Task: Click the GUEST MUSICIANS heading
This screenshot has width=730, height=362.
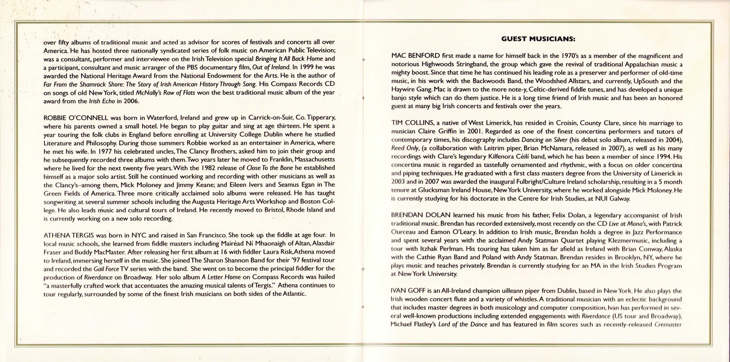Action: pos(538,39)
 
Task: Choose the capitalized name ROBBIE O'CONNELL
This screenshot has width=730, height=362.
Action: pos(76,118)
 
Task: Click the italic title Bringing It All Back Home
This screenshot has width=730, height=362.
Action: pos(289,59)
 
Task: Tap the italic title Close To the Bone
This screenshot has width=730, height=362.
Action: pos(270,168)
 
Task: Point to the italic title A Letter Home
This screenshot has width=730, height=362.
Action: pos(221,277)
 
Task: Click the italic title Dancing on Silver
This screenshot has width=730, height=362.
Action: pos(544,140)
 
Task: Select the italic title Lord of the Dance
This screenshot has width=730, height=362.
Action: pos(462,324)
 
